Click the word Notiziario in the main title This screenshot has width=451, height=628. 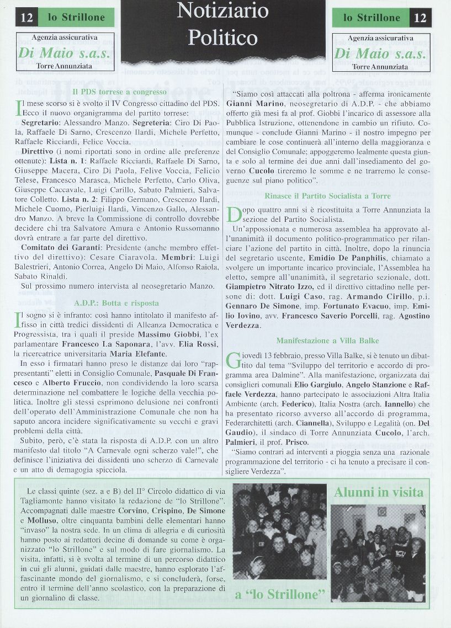coord(222,12)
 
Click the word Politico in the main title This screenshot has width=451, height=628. coord(222,38)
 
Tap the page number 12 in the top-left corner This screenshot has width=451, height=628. coord(26,18)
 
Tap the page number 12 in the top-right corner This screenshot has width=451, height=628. coord(420,18)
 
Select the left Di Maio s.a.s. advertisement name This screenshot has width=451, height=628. coord(65,54)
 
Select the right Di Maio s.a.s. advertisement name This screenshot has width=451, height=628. coord(380,54)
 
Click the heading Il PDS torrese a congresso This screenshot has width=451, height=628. coord(119,92)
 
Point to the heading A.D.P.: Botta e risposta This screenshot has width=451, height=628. coord(116,303)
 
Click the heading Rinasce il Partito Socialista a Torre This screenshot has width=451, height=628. coord(327,196)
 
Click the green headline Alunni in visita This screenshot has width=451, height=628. coord(378,492)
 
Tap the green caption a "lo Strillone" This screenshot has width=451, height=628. coord(279,594)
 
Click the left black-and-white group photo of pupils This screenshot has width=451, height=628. coord(279,531)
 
